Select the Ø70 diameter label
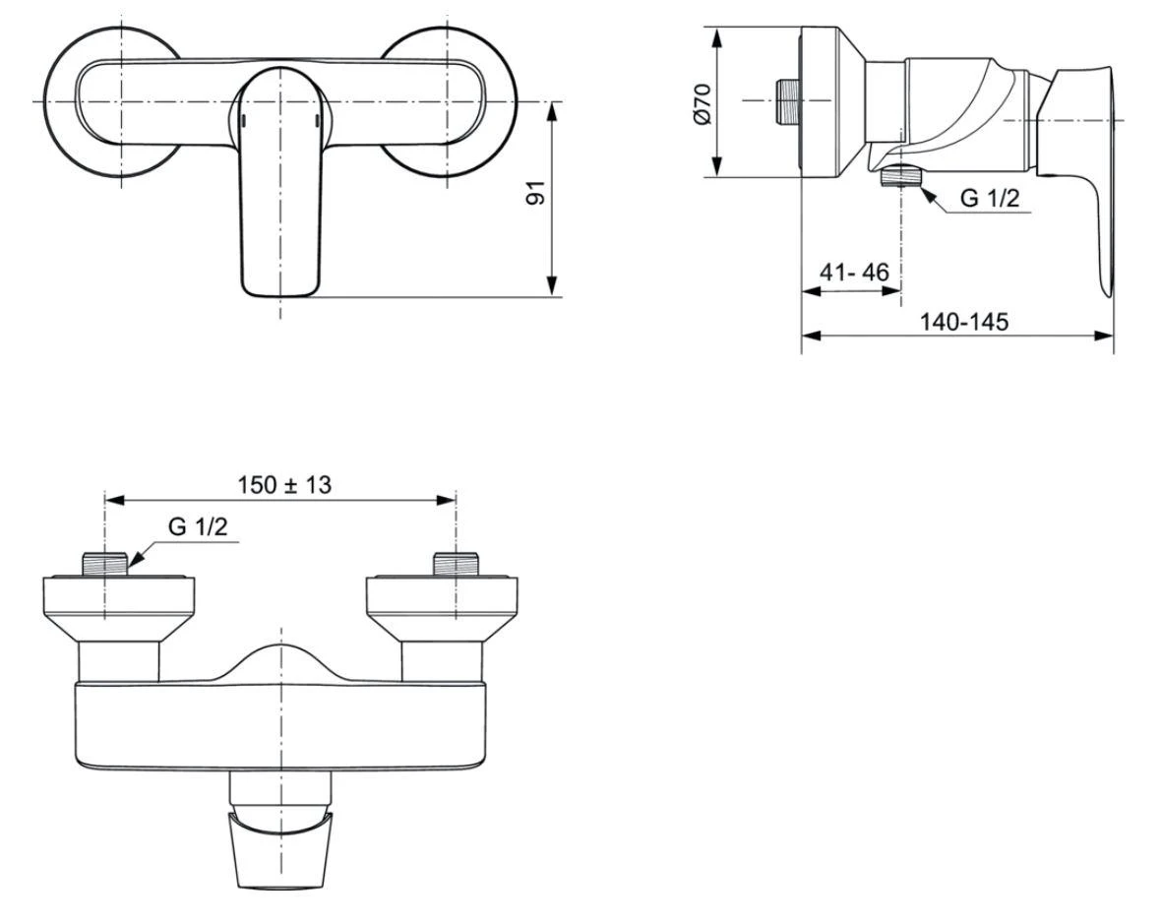(702, 102)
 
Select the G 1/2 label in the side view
(989, 199)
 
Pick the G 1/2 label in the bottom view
(197, 526)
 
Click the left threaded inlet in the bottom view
(105, 564)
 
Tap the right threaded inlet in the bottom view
(455, 564)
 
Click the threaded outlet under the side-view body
(899, 177)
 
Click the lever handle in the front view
(280, 187)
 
